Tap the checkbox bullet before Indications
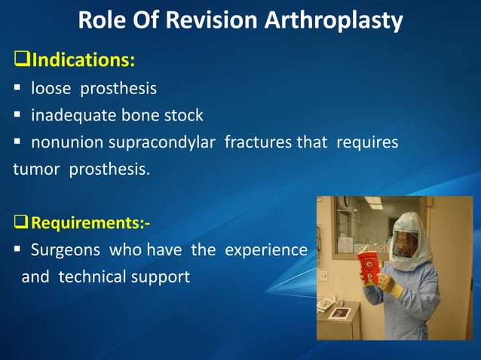pyautogui.click(x=20, y=59)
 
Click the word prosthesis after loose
pyautogui.click(x=121, y=89)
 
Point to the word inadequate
pyautogui.click(x=69, y=116)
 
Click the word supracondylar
pyautogui.click(x=158, y=143)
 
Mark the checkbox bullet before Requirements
pyautogui.click(x=21, y=224)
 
